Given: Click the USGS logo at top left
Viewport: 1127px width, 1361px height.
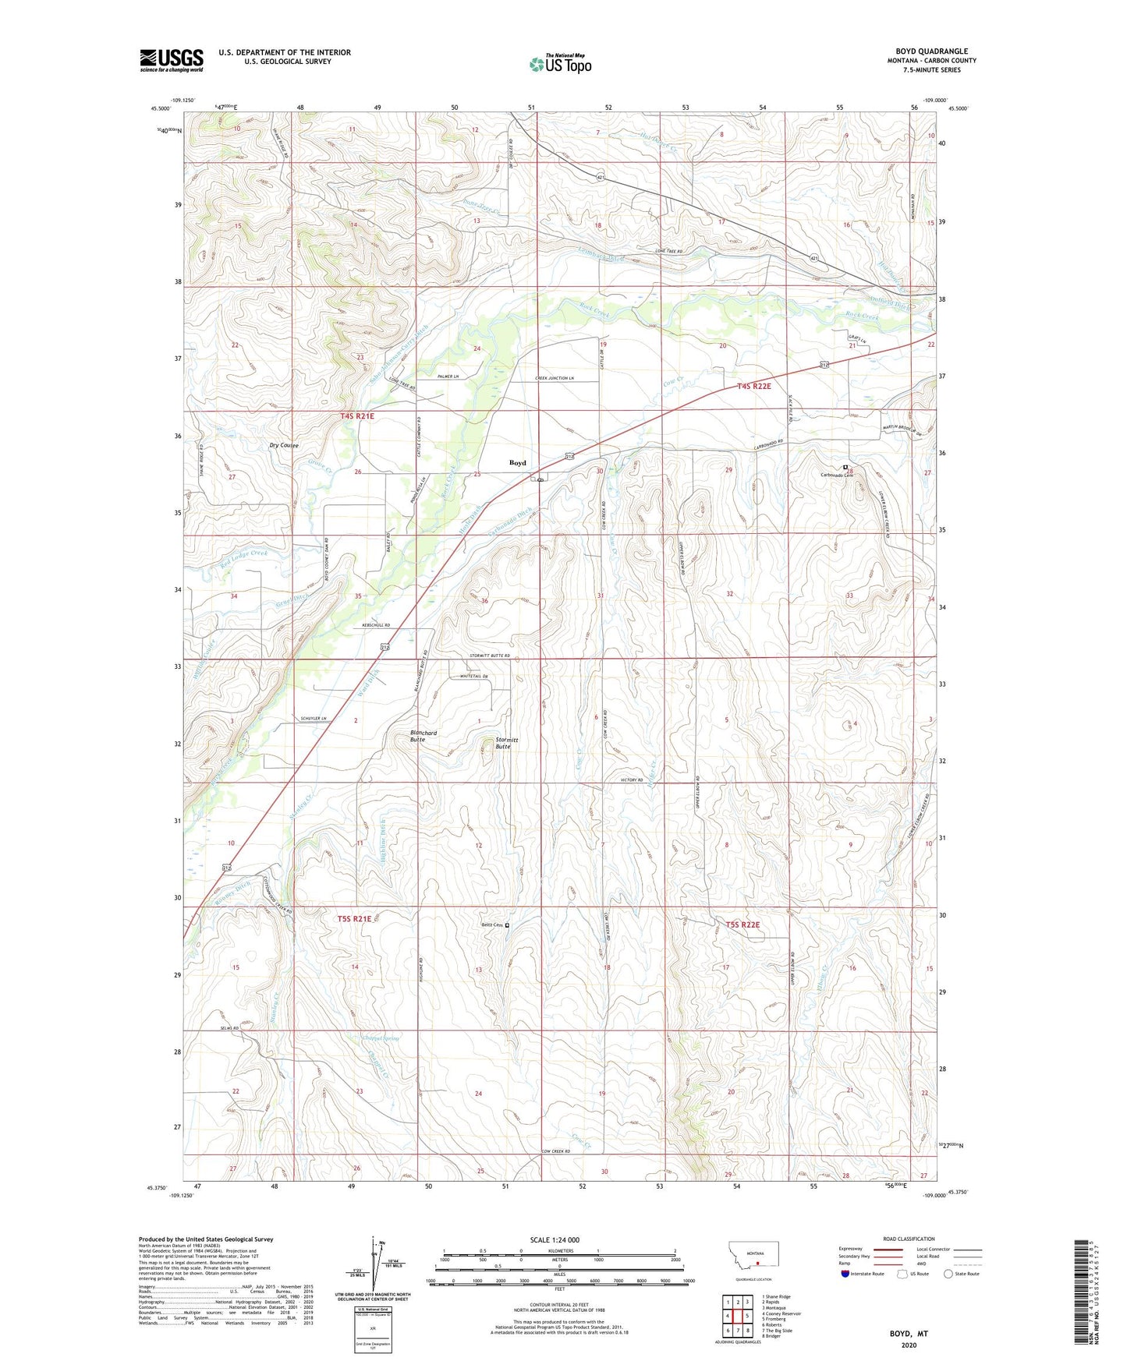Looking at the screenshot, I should (171, 60).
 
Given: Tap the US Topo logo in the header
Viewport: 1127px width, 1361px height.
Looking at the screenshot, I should (559, 63).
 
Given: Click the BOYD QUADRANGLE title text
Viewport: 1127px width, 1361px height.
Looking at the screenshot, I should (931, 51).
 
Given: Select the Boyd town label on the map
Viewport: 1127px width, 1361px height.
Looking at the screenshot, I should (518, 463).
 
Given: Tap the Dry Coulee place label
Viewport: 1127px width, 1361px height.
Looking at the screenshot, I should (284, 446).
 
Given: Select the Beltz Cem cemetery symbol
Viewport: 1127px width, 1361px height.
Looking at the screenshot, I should (507, 925).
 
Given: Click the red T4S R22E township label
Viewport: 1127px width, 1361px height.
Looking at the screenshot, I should (753, 387).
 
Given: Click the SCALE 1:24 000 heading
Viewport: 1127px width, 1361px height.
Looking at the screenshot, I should (555, 1239).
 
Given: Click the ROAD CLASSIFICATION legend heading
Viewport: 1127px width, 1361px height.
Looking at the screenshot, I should (909, 1239).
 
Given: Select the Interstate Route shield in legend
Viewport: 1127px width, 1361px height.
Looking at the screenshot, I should (845, 1274).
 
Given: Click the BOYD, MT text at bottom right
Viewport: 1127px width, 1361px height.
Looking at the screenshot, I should (909, 1334).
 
